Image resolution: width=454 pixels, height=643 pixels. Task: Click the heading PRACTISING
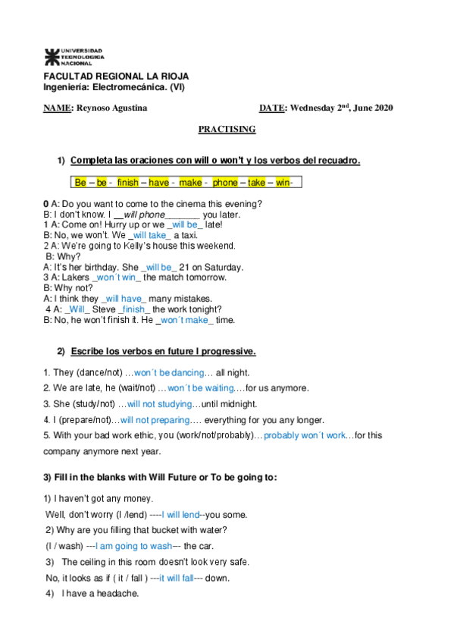(227, 130)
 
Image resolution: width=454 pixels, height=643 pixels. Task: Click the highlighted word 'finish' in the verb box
(128, 183)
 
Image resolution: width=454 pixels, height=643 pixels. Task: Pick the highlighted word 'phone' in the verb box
(224, 183)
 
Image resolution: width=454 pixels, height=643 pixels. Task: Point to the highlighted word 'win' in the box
(283, 183)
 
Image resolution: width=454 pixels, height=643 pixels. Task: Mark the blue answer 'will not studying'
(160, 403)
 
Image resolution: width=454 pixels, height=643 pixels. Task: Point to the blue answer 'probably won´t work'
(305, 435)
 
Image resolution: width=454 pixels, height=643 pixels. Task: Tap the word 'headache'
(117, 593)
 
